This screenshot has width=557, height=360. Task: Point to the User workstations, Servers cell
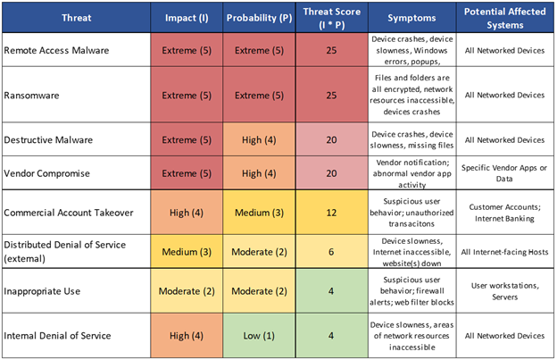pos(504,293)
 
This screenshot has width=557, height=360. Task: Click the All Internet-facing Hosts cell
pos(504,253)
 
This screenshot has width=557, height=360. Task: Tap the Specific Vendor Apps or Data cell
pos(504,173)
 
